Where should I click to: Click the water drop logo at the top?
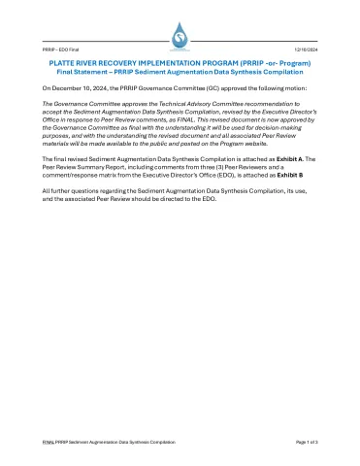tap(180, 35)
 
